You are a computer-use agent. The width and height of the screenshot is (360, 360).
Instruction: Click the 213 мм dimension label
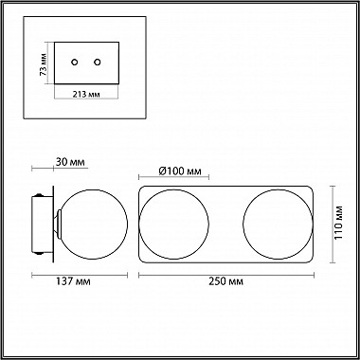click(x=86, y=94)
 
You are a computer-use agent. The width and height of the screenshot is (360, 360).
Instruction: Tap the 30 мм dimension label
click(x=70, y=162)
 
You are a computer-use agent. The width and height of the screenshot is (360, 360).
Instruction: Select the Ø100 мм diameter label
click(x=180, y=171)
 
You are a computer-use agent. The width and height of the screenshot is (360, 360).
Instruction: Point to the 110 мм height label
click(x=338, y=223)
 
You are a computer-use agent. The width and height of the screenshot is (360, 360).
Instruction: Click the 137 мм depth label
click(x=73, y=281)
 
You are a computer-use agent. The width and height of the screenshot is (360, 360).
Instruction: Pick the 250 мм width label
click(x=225, y=281)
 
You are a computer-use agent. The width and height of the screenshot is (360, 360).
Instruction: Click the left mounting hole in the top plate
click(x=75, y=63)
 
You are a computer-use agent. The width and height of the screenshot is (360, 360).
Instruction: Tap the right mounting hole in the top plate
click(x=98, y=63)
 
